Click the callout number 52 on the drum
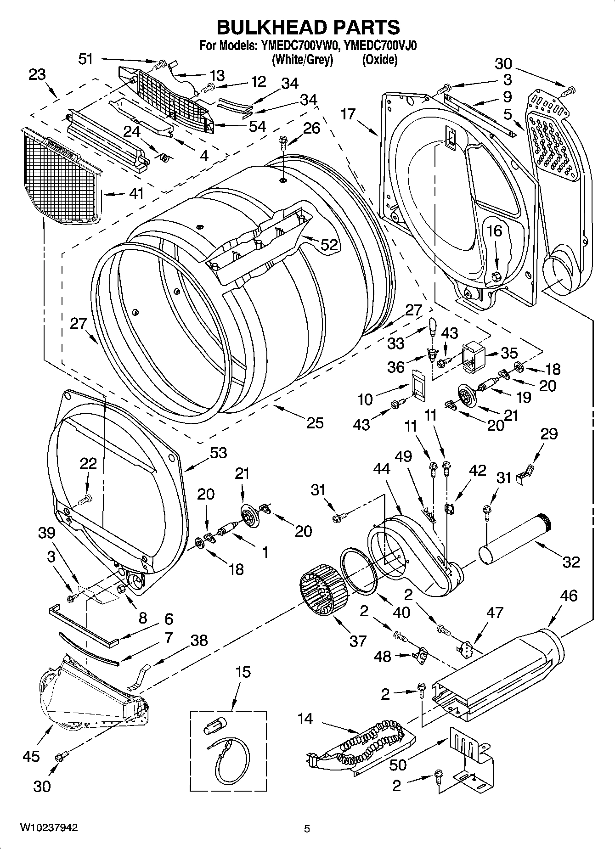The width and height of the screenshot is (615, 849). click(x=329, y=245)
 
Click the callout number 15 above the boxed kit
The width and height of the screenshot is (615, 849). click(x=243, y=672)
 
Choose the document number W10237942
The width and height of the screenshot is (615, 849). click(x=48, y=827)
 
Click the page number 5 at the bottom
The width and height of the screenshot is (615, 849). click(x=307, y=829)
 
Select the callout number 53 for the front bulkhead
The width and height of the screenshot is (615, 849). click(x=219, y=453)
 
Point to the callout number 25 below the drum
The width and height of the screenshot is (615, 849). click(x=315, y=422)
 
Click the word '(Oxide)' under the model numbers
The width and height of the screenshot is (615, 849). click(x=379, y=60)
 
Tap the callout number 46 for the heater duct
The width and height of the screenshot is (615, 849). click(x=569, y=596)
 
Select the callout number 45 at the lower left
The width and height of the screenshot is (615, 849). click(x=31, y=756)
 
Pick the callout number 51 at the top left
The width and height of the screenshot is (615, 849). click(x=86, y=59)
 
